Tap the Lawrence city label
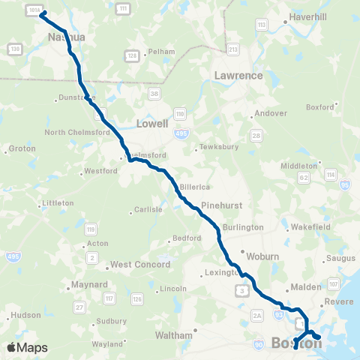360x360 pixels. pos(238,76)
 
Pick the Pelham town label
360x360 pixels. pos(160,52)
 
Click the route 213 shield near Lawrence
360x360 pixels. pos(233,50)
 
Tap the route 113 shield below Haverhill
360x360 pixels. pos(262,25)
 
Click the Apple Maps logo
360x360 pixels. pos(27,347)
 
